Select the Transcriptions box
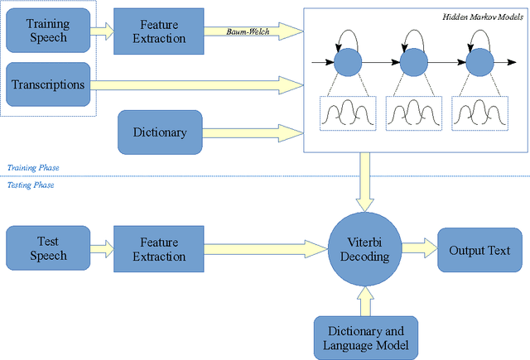[48, 84]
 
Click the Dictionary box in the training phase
[160, 132]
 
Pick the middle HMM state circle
[412, 62]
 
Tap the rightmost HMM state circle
[477, 62]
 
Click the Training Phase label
[33, 168]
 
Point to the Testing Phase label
[31, 185]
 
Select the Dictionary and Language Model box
[364, 338]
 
